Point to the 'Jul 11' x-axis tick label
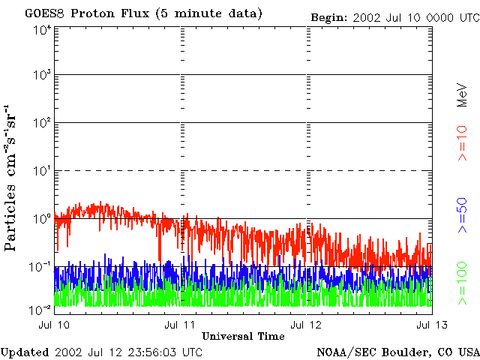coord(182,325)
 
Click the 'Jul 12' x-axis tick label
coord(307,325)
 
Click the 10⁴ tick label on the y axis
coord(42,30)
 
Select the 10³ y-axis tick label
coord(42,76)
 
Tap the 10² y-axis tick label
coord(42,123)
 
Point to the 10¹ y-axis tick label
coord(42,171)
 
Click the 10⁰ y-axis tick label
coord(42,219)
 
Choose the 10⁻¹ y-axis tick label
coord(40,266)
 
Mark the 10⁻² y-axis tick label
coord(40,308)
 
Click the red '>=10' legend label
coord(463,143)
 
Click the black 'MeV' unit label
coord(463,97)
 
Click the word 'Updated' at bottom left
coord(24,352)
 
